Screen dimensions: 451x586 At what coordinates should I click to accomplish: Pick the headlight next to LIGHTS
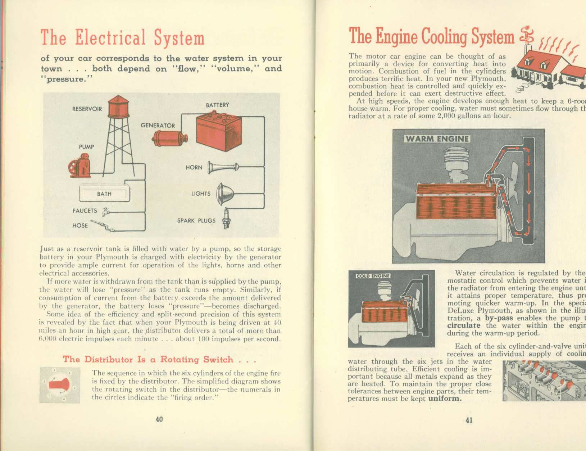pyautogui.click(x=225, y=194)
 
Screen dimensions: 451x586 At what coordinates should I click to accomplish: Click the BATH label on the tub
pyautogui.click(x=104, y=194)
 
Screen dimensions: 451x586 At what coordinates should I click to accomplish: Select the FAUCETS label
pyautogui.click(x=85, y=211)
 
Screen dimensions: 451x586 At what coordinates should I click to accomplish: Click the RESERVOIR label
pyautogui.click(x=87, y=109)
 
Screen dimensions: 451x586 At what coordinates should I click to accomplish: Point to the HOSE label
pyautogui.click(x=80, y=225)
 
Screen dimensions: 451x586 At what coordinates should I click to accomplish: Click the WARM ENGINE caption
pyautogui.click(x=437, y=139)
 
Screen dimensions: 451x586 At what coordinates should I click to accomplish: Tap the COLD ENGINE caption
pyautogui.click(x=373, y=276)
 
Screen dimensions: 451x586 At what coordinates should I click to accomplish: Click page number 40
pyautogui.click(x=159, y=419)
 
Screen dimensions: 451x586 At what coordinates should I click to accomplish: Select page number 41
pyautogui.click(x=469, y=420)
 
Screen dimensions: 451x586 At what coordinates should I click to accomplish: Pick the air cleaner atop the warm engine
pyautogui.click(x=454, y=161)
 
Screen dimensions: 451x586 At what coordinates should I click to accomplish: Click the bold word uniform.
pyautogui.click(x=445, y=399)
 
